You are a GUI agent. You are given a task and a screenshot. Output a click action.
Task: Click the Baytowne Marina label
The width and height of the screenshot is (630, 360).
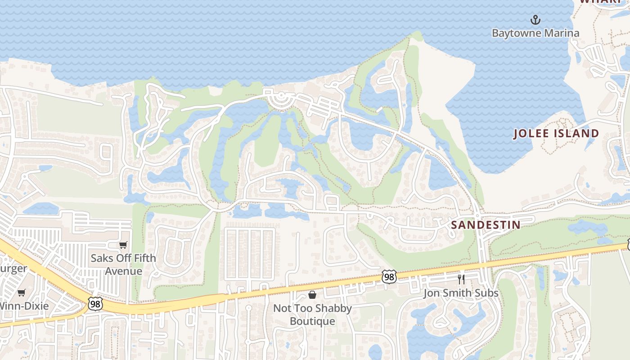tap(535, 33)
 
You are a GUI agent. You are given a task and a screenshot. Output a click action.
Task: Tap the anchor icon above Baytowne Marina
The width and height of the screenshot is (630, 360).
tap(535, 20)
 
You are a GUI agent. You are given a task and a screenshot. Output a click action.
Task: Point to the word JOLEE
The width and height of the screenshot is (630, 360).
tap(534, 134)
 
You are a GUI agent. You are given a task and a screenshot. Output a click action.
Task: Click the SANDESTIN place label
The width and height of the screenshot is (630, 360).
tap(486, 225)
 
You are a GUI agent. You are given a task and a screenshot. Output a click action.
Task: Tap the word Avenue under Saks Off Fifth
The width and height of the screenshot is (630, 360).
tap(123, 271)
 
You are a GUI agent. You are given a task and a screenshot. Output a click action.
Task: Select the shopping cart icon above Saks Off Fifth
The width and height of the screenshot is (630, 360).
tap(123, 245)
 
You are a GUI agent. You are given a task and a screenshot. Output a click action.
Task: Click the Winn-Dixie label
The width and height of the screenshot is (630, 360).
tap(24, 306)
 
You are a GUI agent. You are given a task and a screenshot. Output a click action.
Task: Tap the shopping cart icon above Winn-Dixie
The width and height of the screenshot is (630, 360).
tap(21, 293)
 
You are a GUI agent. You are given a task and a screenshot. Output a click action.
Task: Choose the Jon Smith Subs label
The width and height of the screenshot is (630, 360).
tap(461, 293)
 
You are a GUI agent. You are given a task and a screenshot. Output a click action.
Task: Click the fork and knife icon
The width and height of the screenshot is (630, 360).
tap(461, 279)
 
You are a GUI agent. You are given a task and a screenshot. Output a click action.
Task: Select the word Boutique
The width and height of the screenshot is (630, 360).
tap(312, 321)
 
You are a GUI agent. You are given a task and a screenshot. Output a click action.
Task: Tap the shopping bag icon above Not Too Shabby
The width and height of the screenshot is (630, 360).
tap(312, 295)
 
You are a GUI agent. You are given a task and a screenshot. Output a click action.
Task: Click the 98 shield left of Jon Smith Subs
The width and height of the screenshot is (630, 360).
tap(389, 277)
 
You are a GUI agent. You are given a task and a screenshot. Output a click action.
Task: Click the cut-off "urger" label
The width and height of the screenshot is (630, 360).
tap(13, 269)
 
